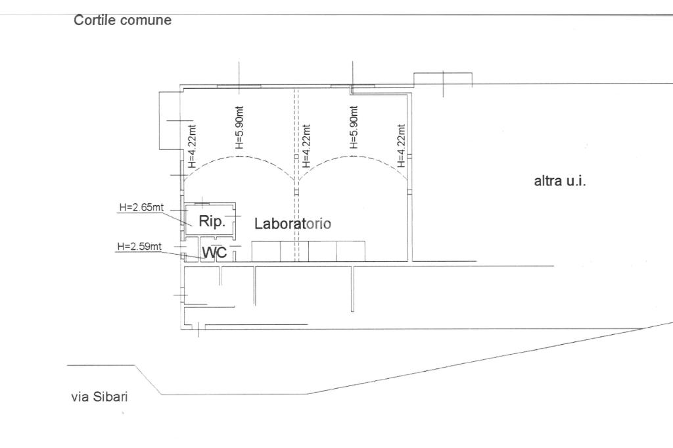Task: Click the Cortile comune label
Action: point(122,20)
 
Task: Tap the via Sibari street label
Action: point(99,397)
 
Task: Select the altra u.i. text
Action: point(559,181)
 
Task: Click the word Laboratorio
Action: point(292,224)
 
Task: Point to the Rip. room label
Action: point(212,222)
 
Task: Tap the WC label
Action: point(214,253)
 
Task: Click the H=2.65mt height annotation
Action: point(141,207)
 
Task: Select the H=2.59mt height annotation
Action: point(139,247)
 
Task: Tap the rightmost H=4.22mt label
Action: point(401,147)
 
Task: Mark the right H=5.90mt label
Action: point(354,128)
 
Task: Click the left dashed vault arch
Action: point(239,159)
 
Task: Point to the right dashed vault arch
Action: point(352,159)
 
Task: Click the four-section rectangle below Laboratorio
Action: point(308,251)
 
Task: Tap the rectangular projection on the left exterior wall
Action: point(170,120)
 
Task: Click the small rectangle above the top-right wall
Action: point(442,78)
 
